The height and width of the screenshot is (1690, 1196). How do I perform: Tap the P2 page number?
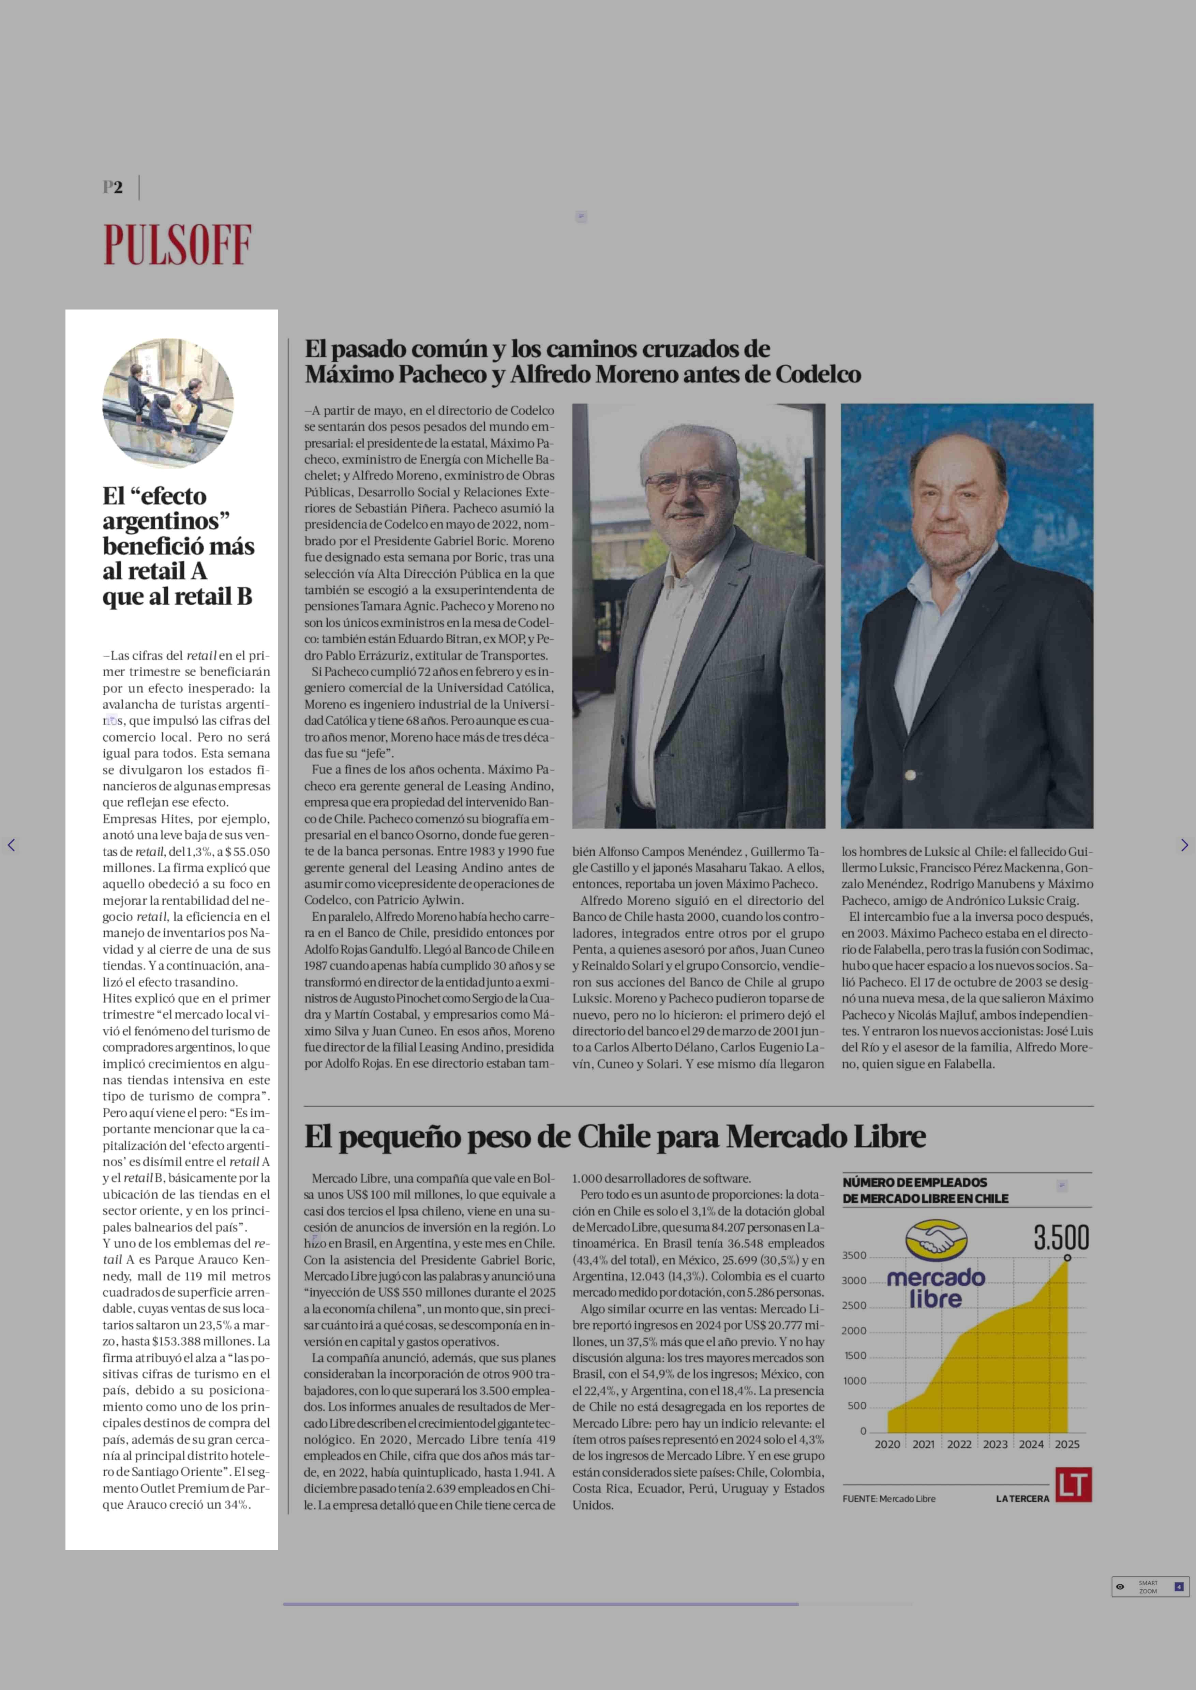pos(113,187)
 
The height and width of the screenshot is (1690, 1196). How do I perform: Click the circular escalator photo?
pos(168,403)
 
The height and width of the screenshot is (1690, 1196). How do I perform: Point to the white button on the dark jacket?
pos(911,775)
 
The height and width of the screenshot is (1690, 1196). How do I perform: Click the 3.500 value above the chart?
pos(1061,1238)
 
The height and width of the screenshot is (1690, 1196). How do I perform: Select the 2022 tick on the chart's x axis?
pos(959,1444)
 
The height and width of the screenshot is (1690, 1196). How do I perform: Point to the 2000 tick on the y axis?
pos(854,1331)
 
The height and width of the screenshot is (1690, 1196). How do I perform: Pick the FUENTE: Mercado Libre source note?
pos(889,1498)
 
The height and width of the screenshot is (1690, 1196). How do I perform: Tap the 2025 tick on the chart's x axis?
pos(1067,1444)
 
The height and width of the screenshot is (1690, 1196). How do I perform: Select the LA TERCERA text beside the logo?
pos(1022,1498)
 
